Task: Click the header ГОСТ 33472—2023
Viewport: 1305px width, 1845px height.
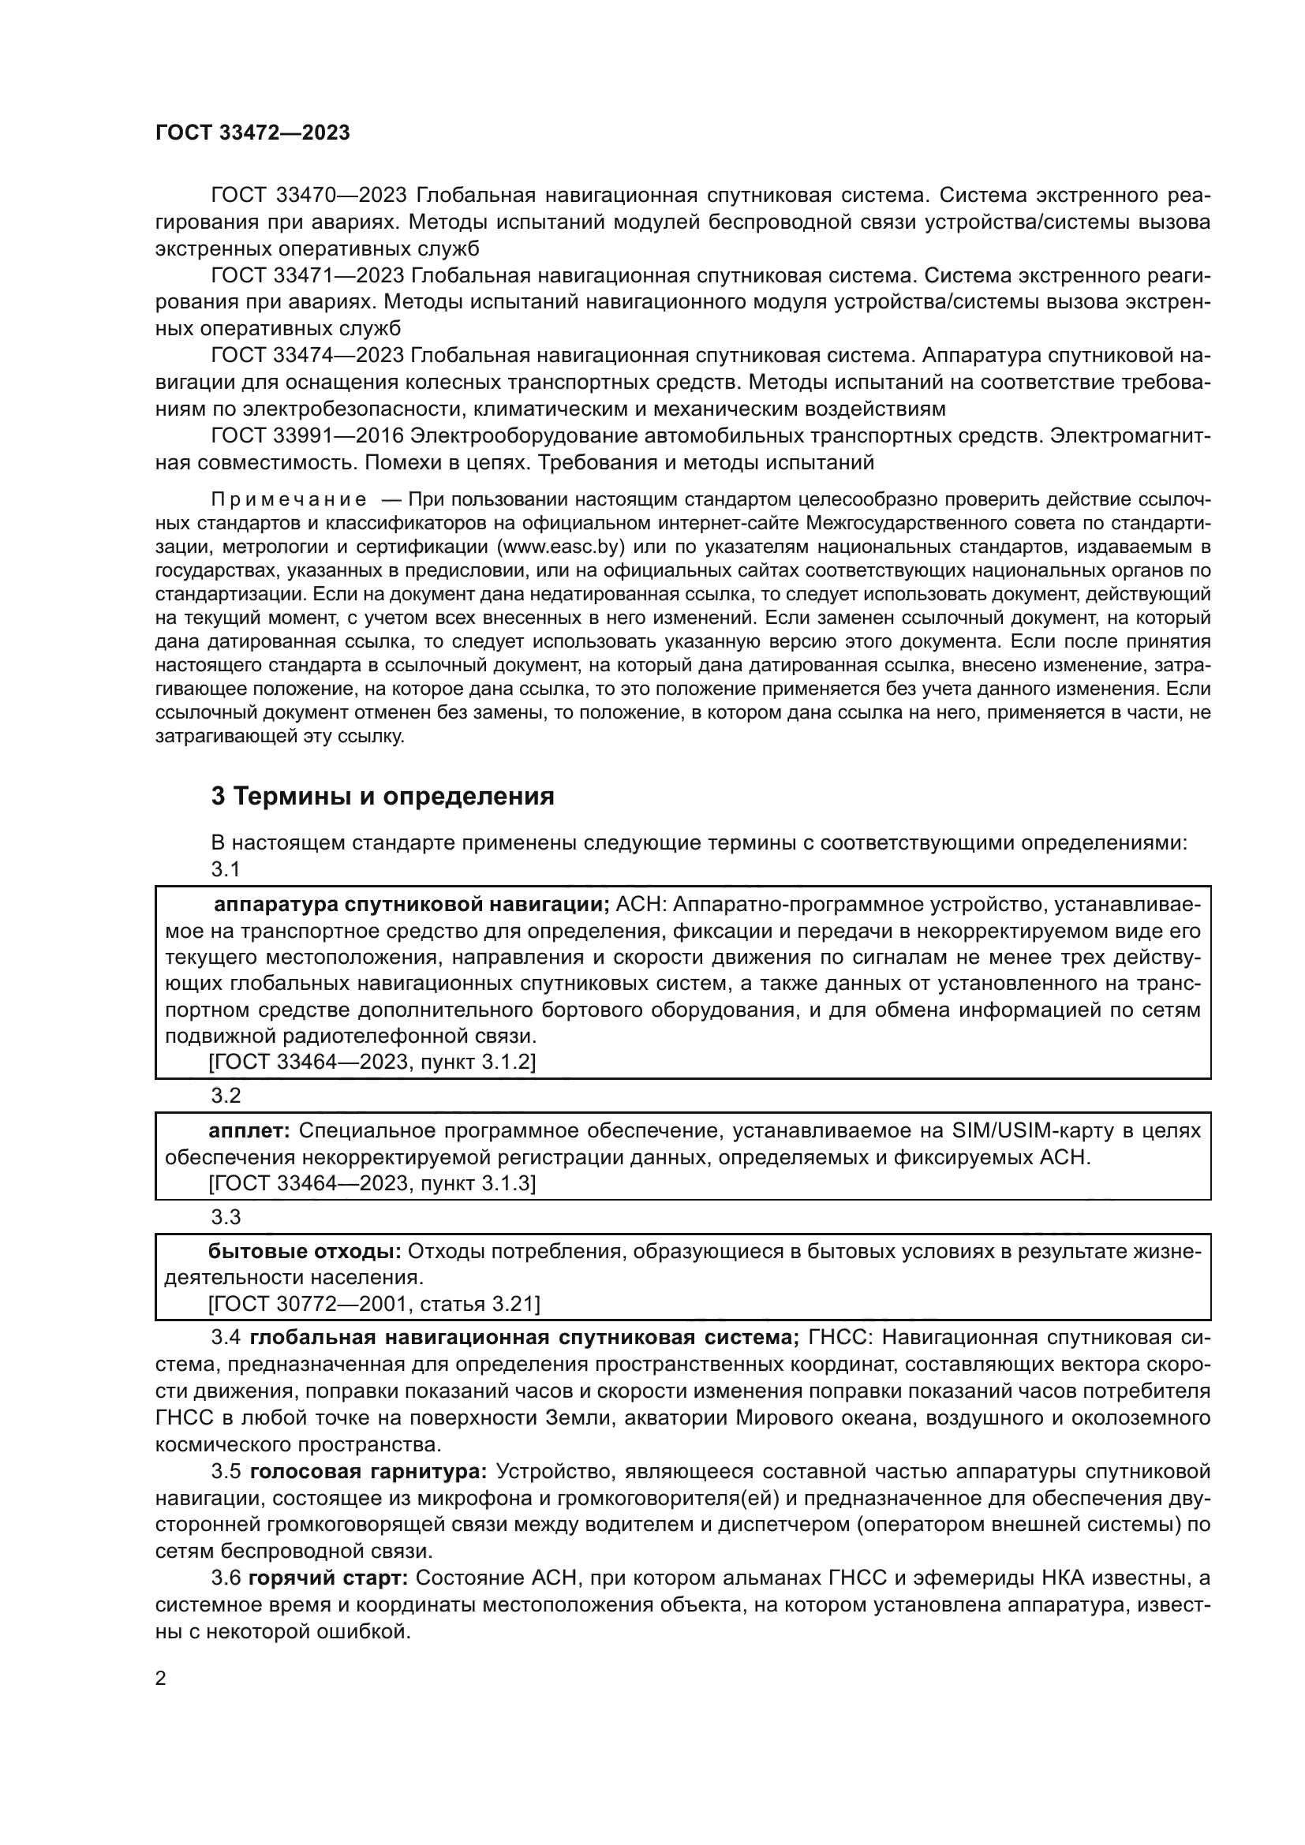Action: tap(252, 133)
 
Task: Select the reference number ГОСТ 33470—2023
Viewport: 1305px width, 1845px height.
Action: tap(307, 196)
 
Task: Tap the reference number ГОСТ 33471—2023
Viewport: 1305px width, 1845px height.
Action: tap(307, 275)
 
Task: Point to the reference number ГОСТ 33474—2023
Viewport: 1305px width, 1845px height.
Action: tap(307, 355)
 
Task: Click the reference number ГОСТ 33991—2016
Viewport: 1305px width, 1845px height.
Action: tap(307, 435)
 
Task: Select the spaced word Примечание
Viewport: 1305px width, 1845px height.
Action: tap(289, 500)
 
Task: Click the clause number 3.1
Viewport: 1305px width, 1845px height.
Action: tap(226, 869)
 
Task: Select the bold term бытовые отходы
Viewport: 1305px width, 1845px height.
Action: tap(305, 1252)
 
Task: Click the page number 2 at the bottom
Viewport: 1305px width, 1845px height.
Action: tap(161, 1679)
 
